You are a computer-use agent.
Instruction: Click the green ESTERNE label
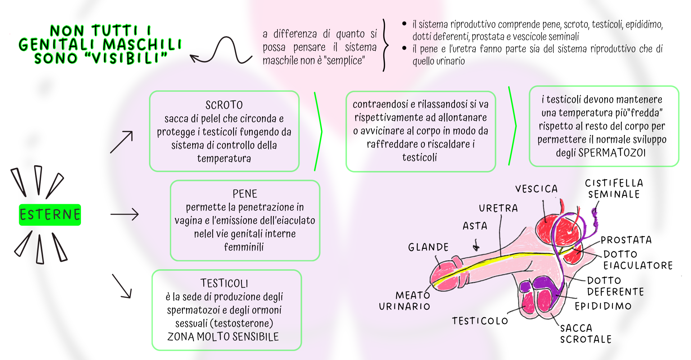click(x=50, y=215)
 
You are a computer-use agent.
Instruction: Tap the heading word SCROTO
click(x=224, y=105)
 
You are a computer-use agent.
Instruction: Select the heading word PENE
click(x=245, y=194)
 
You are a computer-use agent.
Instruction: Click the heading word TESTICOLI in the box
click(x=224, y=284)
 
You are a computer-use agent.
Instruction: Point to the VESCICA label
click(x=536, y=189)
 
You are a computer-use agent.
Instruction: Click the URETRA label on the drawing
click(x=498, y=208)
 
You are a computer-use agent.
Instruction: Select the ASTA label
click(x=475, y=226)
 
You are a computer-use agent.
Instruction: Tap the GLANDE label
click(x=428, y=247)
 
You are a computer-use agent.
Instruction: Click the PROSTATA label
click(x=626, y=240)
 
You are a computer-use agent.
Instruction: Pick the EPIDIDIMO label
click(x=603, y=306)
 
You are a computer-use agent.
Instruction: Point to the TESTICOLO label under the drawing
click(x=480, y=321)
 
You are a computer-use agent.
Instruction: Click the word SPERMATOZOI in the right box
click(x=612, y=153)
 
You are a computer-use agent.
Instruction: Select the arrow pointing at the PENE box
click(x=124, y=214)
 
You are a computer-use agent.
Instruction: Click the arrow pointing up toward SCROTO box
click(x=122, y=142)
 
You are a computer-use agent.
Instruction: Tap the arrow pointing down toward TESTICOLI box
click(x=122, y=286)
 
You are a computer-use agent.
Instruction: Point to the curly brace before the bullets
click(x=385, y=45)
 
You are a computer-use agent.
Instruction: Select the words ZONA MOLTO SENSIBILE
click(x=223, y=337)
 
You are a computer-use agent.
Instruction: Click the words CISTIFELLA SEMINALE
click(x=614, y=189)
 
